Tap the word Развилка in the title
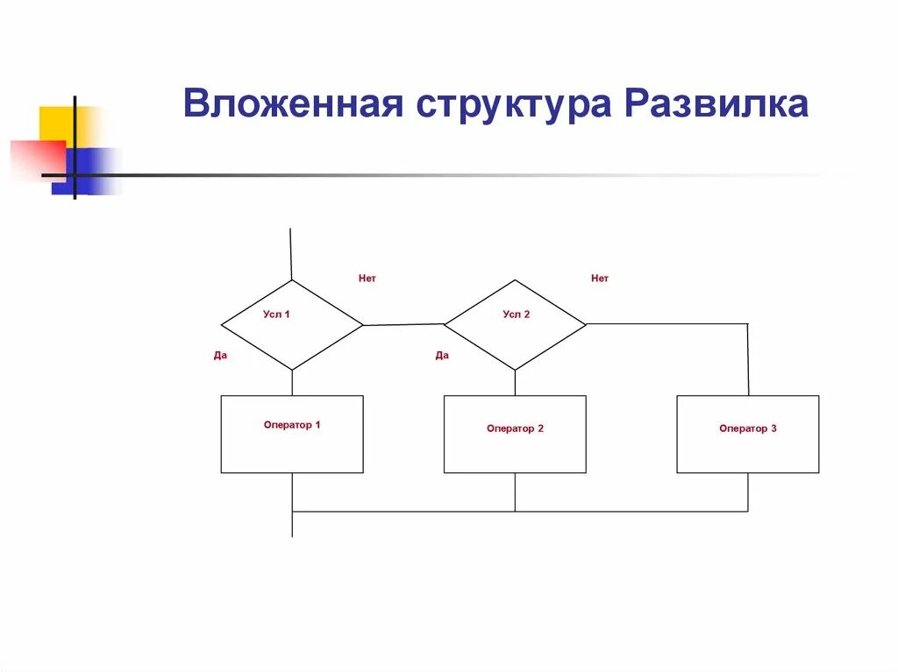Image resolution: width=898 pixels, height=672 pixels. tap(716, 104)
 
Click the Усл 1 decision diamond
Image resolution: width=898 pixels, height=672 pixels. tap(291, 325)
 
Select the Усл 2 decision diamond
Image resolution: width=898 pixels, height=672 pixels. tap(515, 325)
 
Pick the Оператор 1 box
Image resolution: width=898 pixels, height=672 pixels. tap(292, 435)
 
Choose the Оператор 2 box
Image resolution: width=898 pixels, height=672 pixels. tap(515, 435)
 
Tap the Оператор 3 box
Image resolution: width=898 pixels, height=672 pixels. tap(748, 435)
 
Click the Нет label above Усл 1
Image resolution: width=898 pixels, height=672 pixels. tap(367, 279)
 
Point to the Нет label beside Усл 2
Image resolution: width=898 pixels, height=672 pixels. tap(599, 279)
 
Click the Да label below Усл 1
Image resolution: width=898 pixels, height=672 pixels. tap(220, 356)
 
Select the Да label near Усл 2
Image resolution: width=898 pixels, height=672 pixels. tap(442, 356)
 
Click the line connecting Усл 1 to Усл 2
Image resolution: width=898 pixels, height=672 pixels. tap(403, 325)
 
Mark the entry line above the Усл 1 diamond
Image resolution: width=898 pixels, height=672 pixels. tap(290, 254)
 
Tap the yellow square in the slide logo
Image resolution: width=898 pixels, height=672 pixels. tap(55, 122)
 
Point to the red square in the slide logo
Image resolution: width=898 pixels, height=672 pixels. tap(35, 158)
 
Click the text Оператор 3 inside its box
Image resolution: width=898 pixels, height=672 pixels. tap(748, 428)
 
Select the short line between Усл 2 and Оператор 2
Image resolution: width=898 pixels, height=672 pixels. tap(515, 383)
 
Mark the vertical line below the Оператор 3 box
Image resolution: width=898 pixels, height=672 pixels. tap(748, 492)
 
